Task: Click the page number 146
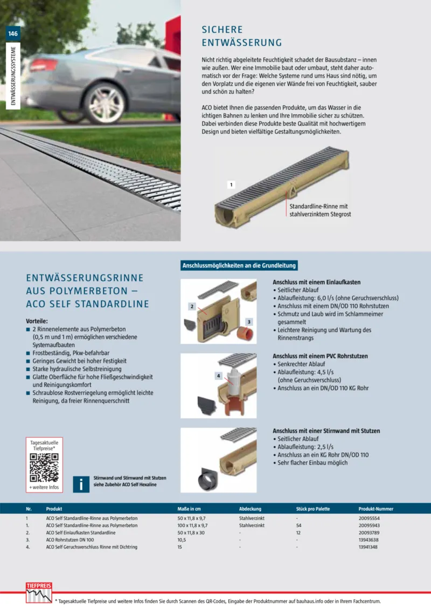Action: (x=13, y=33)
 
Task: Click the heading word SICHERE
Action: (x=222, y=30)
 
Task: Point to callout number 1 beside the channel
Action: (x=231, y=184)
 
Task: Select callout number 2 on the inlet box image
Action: (x=192, y=306)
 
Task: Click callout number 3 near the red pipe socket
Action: (x=249, y=321)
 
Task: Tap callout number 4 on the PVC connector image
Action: (x=218, y=375)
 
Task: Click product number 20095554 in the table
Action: (x=370, y=518)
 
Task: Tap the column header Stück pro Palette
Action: (x=313, y=509)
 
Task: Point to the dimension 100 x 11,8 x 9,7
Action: (x=193, y=525)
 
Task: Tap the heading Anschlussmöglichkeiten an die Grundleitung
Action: (x=239, y=266)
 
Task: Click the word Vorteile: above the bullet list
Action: (x=37, y=320)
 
